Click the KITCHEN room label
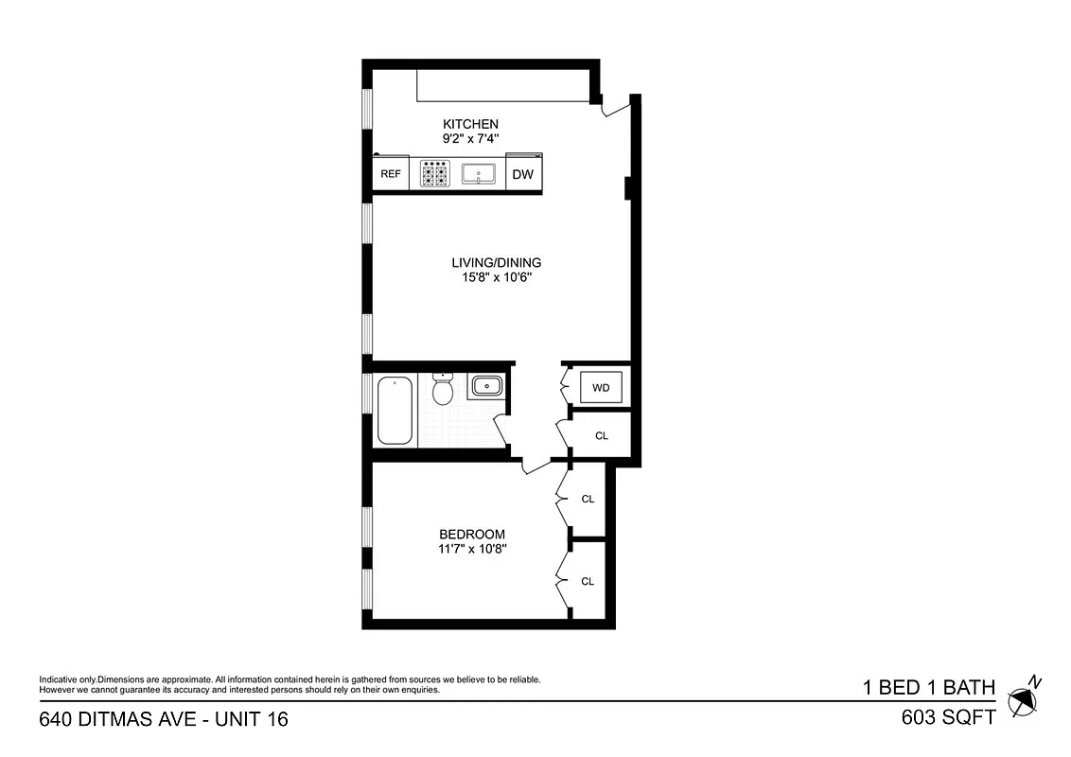[x=470, y=124]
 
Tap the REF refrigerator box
[x=390, y=174]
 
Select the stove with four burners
[x=434, y=174]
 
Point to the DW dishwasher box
[x=523, y=174]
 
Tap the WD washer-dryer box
[x=601, y=387]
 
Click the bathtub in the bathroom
[x=395, y=410]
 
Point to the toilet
[x=443, y=389]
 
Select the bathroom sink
[x=485, y=386]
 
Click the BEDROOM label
[x=471, y=534]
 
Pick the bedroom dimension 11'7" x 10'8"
[x=471, y=549]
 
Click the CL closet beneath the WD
[x=601, y=436]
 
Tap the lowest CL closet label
[x=588, y=581]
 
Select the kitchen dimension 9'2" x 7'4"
[x=470, y=139]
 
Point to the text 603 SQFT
[x=949, y=717]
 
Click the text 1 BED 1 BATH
[x=928, y=687]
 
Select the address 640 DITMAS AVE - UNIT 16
[x=164, y=719]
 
